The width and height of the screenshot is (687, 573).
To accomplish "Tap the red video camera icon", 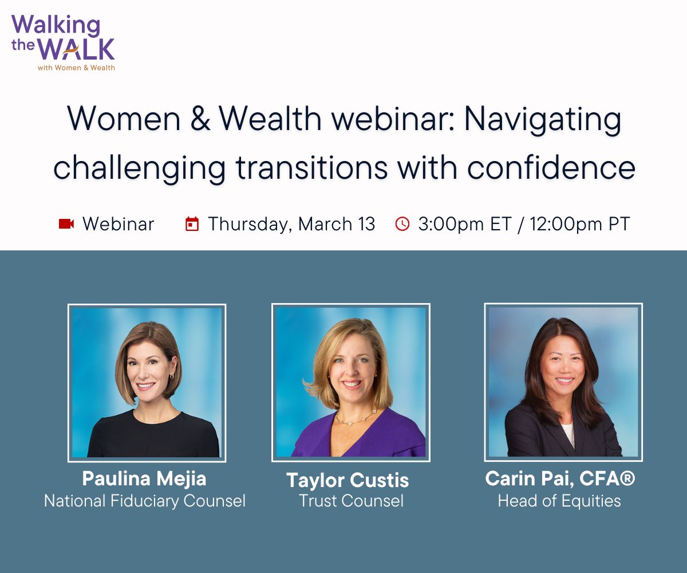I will tap(66, 223).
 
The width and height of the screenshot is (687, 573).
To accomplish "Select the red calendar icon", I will tap(192, 224).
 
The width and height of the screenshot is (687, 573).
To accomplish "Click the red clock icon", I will tap(402, 224).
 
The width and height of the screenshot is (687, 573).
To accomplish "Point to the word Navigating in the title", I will tap(543, 119).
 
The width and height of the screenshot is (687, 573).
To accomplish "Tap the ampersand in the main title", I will tap(200, 119).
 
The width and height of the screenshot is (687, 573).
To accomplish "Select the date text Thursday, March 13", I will tap(291, 224).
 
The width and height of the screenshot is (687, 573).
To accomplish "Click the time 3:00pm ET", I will tap(464, 224).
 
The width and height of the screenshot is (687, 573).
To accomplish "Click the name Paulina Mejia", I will tap(144, 478).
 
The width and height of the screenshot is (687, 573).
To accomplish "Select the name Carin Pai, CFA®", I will tap(560, 478).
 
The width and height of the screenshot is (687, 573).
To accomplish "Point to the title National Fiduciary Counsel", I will tap(145, 501).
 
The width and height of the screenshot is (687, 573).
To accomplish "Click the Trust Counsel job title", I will tap(351, 501).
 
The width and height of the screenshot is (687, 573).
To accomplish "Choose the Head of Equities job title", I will tap(559, 501).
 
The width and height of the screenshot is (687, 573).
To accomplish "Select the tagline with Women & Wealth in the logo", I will tap(76, 68).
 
